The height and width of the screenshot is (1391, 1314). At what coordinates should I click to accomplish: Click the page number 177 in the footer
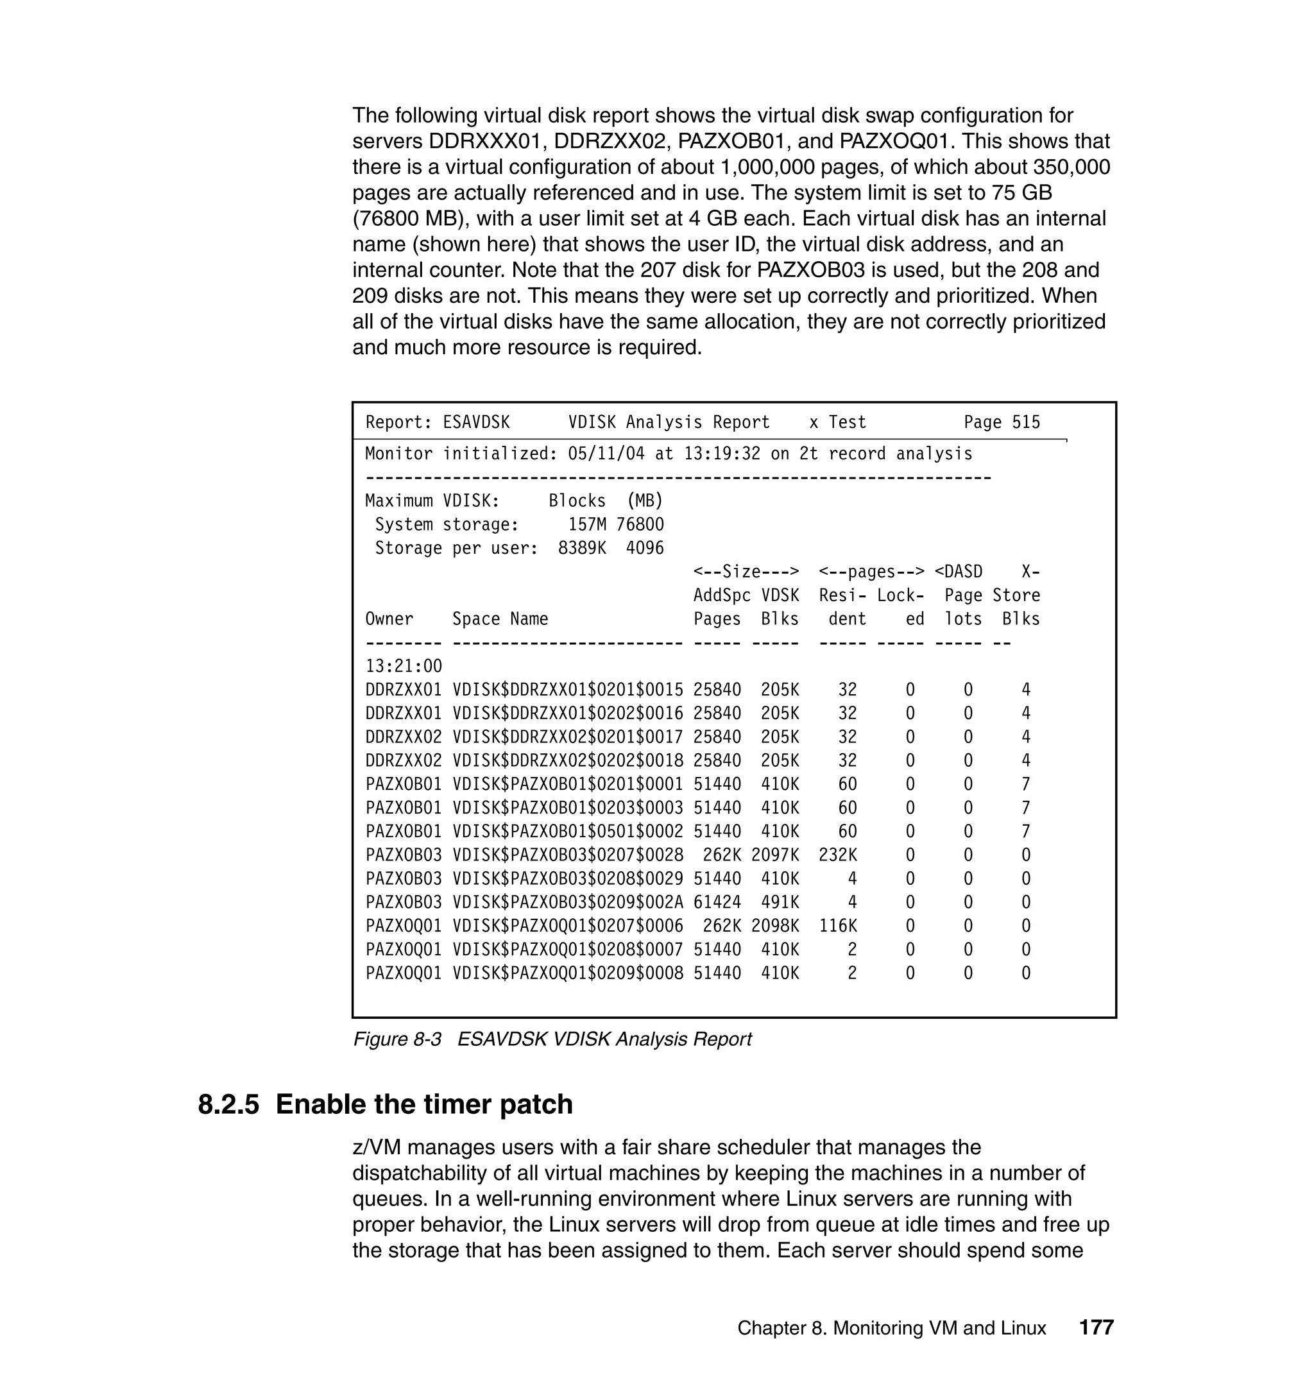[1096, 1327]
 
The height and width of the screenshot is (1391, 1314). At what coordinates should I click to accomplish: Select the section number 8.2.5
[228, 1105]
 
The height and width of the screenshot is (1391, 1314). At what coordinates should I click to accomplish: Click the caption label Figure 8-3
[397, 1039]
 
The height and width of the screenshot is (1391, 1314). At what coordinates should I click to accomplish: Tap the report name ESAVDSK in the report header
[476, 422]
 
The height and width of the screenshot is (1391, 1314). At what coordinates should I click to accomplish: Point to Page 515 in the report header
[1002, 422]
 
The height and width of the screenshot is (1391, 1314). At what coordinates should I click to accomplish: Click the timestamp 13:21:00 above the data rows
[404, 666]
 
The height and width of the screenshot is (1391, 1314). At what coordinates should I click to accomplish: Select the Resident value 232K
[838, 855]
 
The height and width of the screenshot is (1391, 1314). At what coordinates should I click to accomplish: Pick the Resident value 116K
[838, 926]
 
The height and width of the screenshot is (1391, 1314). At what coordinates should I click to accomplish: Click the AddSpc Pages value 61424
[717, 902]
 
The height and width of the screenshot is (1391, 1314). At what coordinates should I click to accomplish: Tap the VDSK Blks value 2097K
[775, 855]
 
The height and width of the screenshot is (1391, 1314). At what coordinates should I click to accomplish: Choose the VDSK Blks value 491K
[780, 902]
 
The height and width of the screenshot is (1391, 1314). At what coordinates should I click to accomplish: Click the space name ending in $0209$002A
[567, 902]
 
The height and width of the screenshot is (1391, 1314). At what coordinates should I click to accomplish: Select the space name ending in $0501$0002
[567, 832]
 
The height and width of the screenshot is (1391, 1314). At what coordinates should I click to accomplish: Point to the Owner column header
[389, 619]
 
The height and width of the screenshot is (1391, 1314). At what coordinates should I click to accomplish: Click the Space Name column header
[500, 619]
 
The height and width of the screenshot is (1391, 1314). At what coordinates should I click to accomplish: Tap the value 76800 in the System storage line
[640, 525]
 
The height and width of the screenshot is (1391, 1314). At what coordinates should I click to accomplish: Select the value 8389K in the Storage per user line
[582, 548]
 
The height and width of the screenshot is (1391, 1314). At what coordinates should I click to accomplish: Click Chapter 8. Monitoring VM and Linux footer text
[892, 1328]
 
